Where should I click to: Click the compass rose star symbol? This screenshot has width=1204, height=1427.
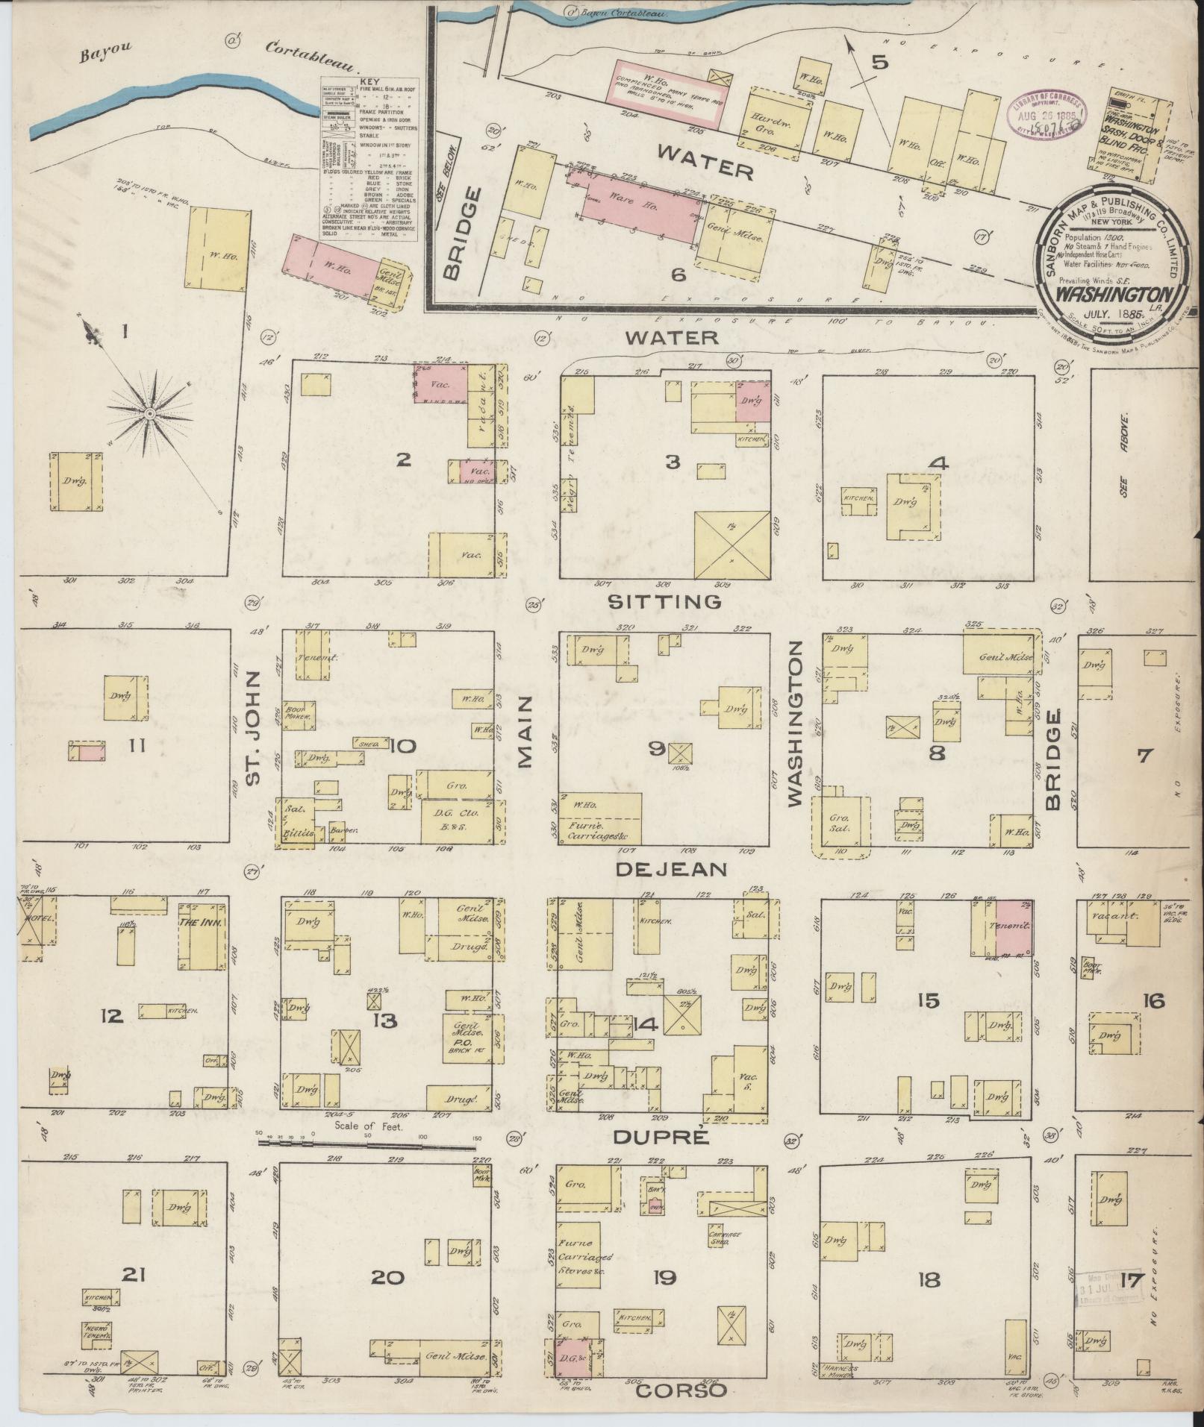tap(150, 413)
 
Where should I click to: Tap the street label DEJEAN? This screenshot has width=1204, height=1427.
tap(672, 869)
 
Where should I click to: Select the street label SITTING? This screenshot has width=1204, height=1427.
tap(664, 601)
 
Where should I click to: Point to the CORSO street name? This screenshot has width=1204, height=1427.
tap(680, 1390)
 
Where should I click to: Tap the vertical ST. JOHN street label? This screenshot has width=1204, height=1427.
tap(254, 727)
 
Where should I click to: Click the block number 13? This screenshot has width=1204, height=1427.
tap(385, 1020)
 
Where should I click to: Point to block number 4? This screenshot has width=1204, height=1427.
tap(938, 464)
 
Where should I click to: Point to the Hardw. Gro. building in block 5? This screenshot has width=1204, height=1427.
tap(773, 119)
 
